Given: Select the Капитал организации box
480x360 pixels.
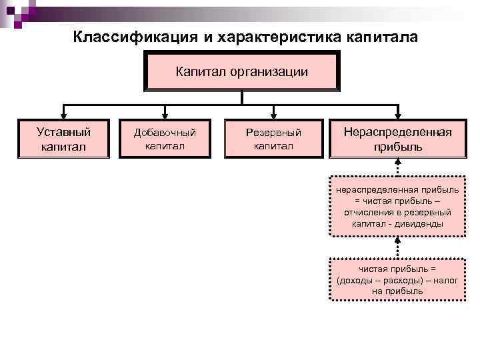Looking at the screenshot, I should (x=242, y=71).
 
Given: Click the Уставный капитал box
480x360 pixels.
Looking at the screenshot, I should (x=63, y=139).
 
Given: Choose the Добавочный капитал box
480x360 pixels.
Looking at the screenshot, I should (x=165, y=139).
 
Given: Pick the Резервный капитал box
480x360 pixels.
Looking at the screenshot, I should (x=273, y=139).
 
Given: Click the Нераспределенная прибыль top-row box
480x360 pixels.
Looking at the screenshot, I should (x=397, y=139).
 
